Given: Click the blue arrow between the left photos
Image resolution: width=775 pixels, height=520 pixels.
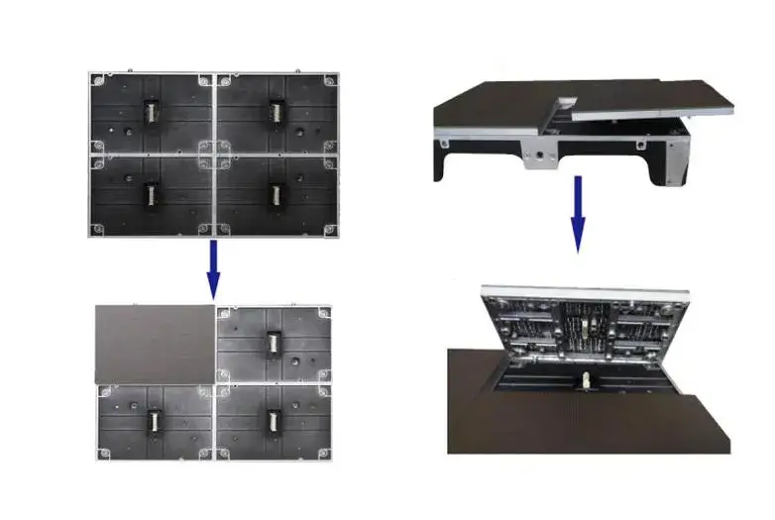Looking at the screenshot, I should pos(212,269).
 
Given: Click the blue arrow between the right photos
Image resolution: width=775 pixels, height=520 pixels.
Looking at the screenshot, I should pos(578,214).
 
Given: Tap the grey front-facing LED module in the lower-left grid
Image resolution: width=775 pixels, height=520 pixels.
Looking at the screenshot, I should pos(155,343).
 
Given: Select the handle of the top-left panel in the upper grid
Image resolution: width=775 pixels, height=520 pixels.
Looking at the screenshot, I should pos(150,111).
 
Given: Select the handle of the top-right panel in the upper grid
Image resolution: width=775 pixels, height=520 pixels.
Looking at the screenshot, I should pos(274,111).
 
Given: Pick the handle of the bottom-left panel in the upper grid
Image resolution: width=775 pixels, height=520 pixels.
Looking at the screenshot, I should pos(150,193).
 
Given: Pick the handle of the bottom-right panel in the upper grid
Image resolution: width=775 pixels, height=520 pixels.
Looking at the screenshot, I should pos(274,193).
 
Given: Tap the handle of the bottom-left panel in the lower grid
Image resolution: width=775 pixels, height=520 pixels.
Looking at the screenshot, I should pos(155,421).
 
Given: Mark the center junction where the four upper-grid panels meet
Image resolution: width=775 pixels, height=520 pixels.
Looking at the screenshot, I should pos(212,153).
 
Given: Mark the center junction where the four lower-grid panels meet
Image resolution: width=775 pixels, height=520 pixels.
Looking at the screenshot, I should pos(214,382).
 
